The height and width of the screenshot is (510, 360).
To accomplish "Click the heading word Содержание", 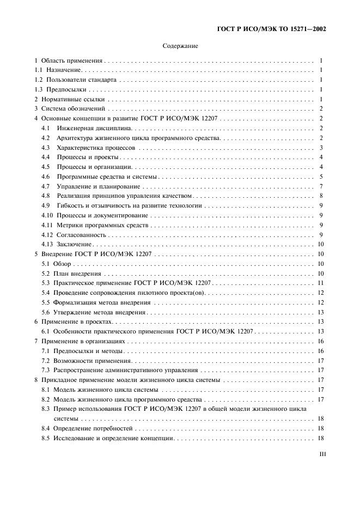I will (x=180, y=46).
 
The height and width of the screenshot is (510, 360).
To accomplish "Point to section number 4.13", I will (x=47, y=245).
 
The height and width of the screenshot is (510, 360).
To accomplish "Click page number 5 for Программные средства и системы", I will (x=322, y=177).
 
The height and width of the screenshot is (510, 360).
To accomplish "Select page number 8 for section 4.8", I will (x=322, y=196).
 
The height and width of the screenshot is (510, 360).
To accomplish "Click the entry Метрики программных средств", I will (x=102, y=225).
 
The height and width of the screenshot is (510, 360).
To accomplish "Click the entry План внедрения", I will (x=77, y=274).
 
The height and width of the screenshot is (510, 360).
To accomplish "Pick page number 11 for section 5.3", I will (x=321, y=283).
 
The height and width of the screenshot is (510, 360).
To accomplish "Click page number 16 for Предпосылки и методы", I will (x=321, y=351).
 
